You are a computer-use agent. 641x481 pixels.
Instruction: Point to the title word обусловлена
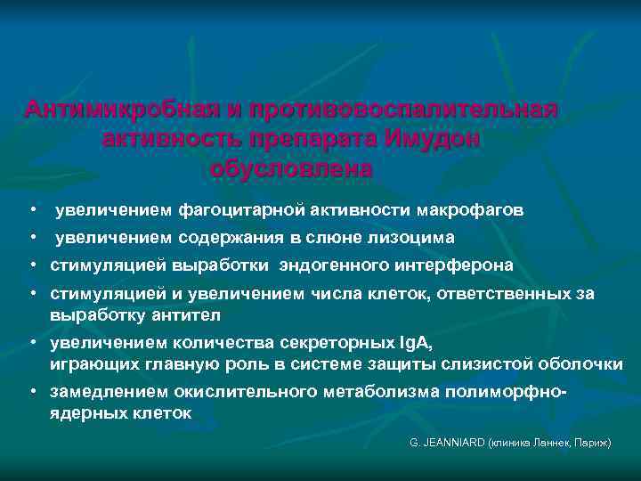pos(293,169)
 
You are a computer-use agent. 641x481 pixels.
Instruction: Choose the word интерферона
pos(452,265)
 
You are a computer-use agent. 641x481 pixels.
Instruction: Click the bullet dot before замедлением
pos(32,393)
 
